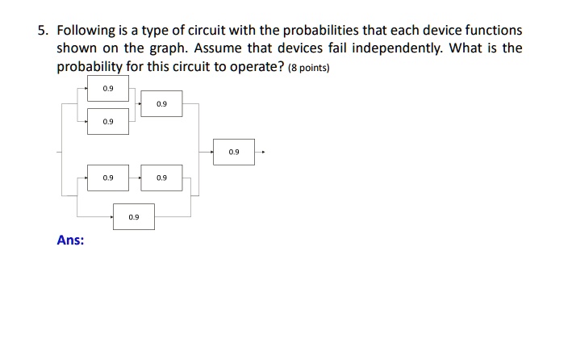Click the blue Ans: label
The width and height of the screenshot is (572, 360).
tap(70, 240)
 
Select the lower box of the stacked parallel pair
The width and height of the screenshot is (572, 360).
tap(108, 121)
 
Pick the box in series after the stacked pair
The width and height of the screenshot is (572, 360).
tap(161, 104)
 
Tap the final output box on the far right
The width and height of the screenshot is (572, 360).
tap(234, 152)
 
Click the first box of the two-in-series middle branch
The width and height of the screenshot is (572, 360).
tap(108, 178)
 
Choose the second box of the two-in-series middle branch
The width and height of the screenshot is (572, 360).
tap(161, 178)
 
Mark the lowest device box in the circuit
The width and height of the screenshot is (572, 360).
tap(134, 216)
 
